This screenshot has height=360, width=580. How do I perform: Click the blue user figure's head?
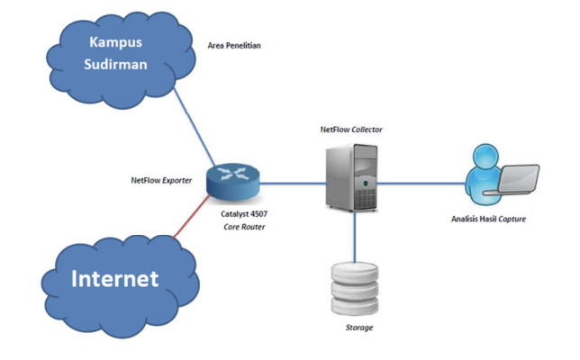coord(477,158)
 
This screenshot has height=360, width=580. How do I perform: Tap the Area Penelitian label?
coord(234,45)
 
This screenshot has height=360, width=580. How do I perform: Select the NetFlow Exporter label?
coord(163,180)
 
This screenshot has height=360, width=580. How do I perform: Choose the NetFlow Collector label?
coord(351,130)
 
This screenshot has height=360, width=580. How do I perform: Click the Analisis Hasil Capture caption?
coord(489,219)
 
